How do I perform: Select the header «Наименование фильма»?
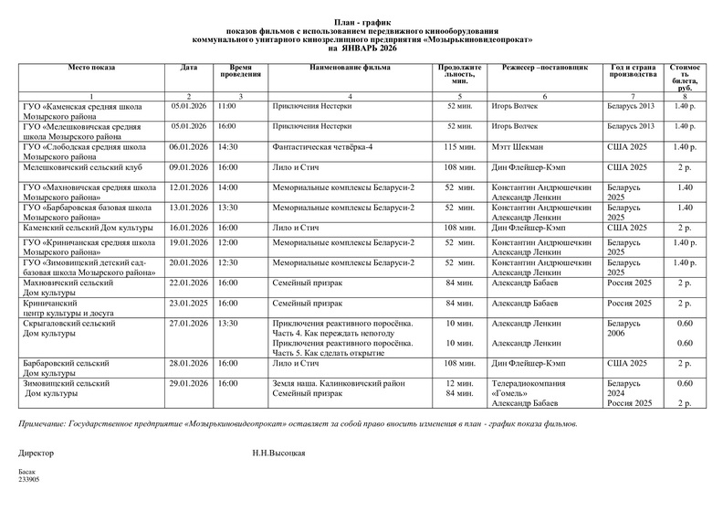click(351, 68)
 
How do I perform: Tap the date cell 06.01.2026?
click(189, 146)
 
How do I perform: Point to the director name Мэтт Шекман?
click(518, 146)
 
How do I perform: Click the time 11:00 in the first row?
click(226, 106)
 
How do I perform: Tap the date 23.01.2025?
click(189, 303)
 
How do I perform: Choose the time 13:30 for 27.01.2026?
click(227, 323)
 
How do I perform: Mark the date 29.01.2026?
click(189, 383)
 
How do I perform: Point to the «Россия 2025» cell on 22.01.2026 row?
click(630, 283)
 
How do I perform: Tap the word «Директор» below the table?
click(37, 453)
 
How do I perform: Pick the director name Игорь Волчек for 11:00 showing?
click(516, 106)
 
